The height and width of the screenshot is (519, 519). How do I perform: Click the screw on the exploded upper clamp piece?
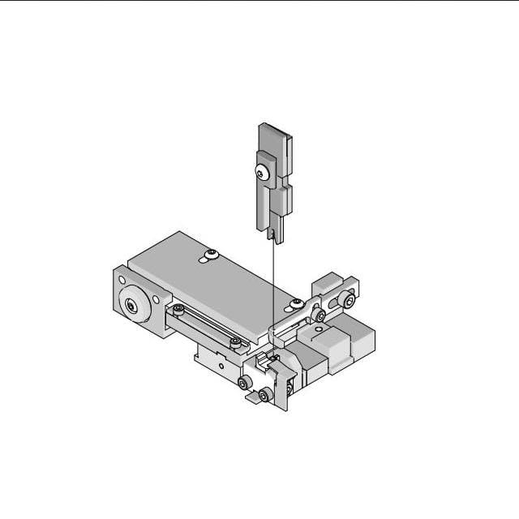click(259, 172)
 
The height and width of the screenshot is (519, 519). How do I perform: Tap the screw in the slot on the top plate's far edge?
click(211, 255)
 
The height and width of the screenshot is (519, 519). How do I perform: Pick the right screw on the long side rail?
click(234, 344)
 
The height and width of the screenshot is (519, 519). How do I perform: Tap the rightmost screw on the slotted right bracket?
click(349, 302)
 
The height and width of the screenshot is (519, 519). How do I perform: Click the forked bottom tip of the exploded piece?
click(274, 236)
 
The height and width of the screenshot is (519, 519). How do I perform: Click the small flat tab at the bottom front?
click(253, 398)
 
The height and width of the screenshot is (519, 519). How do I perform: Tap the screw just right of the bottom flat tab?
click(264, 395)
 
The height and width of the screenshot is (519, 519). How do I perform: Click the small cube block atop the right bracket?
click(327, 284)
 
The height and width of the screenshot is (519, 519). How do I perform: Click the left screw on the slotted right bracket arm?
click(320, 315)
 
